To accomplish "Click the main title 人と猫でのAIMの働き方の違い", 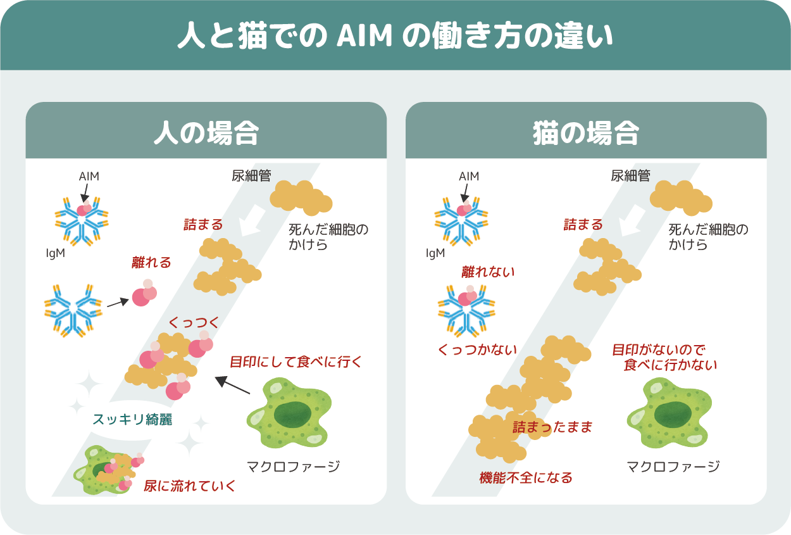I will (395, 37).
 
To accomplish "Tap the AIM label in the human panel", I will (89, 177).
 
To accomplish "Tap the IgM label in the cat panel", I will (435, 253).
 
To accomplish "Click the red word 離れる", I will (151, 262).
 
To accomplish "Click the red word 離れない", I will (488, 272).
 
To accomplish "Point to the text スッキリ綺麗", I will (132, 419).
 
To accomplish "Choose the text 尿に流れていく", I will (190, 486).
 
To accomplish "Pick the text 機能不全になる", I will (526, 477).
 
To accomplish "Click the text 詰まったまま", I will (552, 427).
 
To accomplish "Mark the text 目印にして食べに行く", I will (296, 362).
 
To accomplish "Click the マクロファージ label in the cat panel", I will (673, 467).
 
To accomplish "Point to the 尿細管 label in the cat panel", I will (630, 176).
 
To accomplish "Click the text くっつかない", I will (477, 349).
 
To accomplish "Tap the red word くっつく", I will (194, 323).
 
